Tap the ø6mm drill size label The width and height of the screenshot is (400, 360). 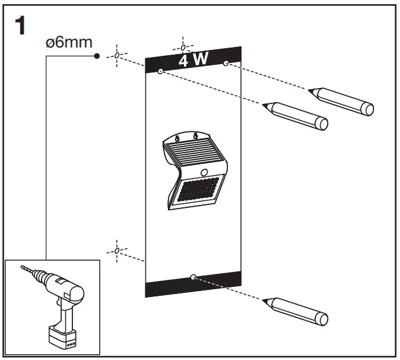pos(69,43)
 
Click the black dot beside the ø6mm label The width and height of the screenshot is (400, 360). pos(97,56)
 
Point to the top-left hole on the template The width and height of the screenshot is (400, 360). pos(161,71)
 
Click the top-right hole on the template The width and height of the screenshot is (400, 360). pos(226,62)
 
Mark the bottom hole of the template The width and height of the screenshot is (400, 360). pos(194,276)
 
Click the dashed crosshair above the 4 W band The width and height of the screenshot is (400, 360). pos(183,46)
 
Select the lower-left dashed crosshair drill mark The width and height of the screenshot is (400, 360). pos(117,251)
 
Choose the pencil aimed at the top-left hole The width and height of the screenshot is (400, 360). pos(297,115)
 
